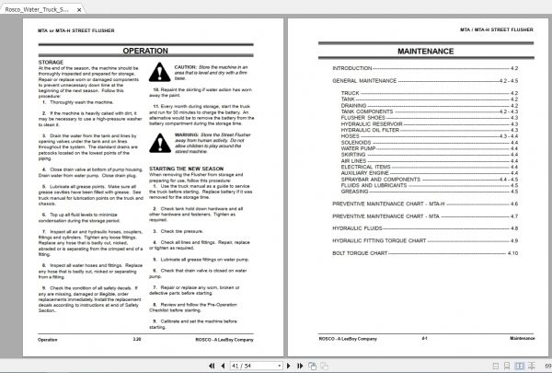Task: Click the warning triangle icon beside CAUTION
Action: coord(161,75)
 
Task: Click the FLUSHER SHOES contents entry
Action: coord(362,118)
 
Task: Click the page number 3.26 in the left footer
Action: coord(137,339)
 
